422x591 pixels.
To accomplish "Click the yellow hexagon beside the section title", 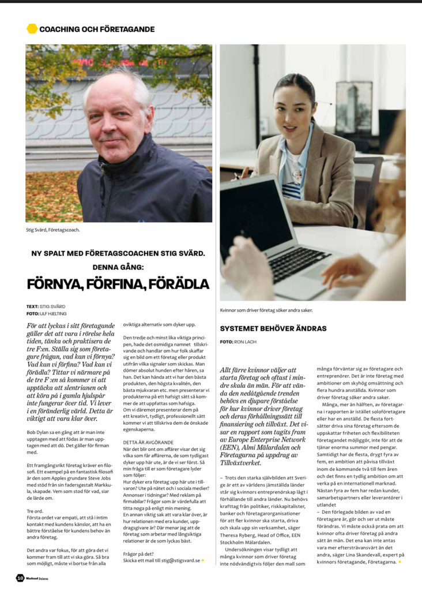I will click(x=32, y=28).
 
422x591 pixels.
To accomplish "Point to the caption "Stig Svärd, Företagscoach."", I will click(x=52, y=230).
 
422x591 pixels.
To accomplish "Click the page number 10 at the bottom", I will click(x=20, y=577).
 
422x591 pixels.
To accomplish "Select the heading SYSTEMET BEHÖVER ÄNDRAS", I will click(x=273, y=328).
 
